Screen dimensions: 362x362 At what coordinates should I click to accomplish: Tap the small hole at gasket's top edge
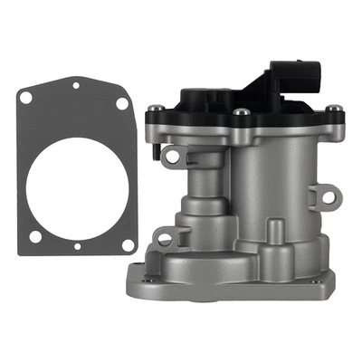click(76, 86)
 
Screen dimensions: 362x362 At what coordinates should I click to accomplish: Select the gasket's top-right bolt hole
click(121, 103)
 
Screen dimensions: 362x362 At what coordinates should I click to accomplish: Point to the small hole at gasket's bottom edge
click(76, 245)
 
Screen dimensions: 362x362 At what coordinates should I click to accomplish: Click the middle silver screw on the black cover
click(243, 112)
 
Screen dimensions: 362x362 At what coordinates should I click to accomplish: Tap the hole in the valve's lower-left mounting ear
click(163, 238)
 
